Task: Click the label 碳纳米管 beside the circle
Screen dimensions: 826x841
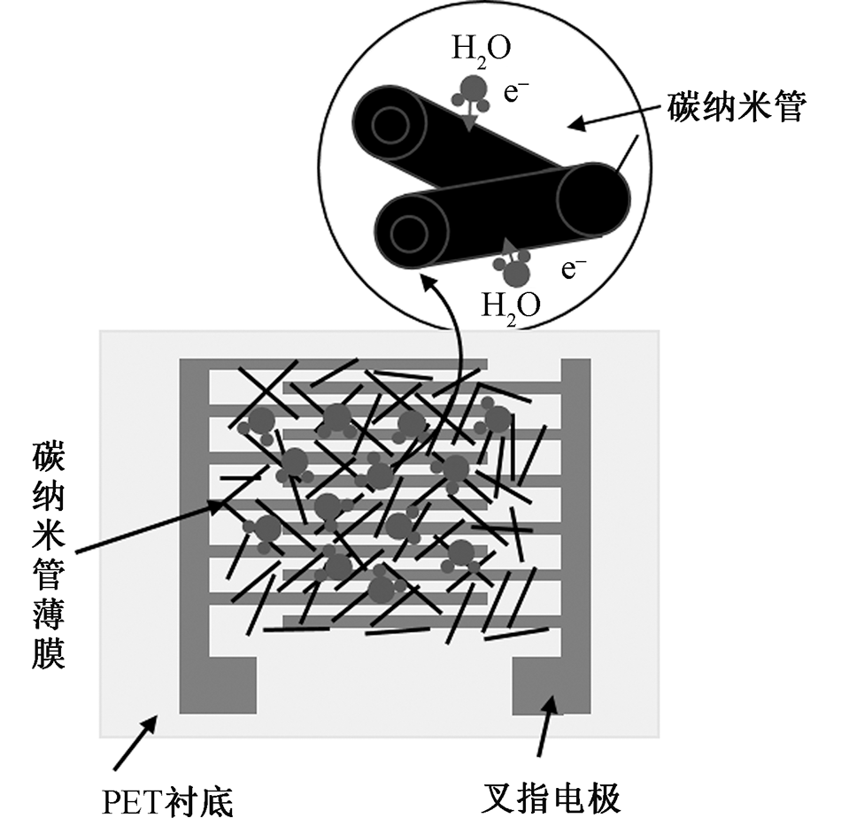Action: point(736,110)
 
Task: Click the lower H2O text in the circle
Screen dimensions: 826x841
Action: point(511,305)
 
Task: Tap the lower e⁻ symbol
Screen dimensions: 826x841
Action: point(575,268)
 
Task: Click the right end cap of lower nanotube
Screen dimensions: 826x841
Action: point(592,200)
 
